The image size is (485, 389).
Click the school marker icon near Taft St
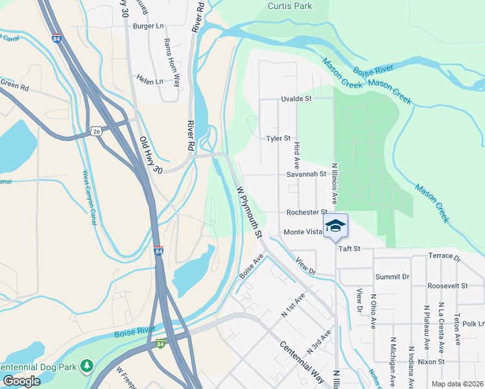(335, 226)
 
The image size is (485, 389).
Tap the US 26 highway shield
(96, 131)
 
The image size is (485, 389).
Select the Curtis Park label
(290, 6)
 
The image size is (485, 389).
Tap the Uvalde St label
(296, 99)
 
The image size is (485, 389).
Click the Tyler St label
(280, 139)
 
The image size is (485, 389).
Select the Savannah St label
(306, 174)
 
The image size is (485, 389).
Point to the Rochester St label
(307, 213)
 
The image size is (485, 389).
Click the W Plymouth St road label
(248, 211)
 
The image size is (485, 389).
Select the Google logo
(21, 381)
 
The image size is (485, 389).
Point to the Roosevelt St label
(447, 285)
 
